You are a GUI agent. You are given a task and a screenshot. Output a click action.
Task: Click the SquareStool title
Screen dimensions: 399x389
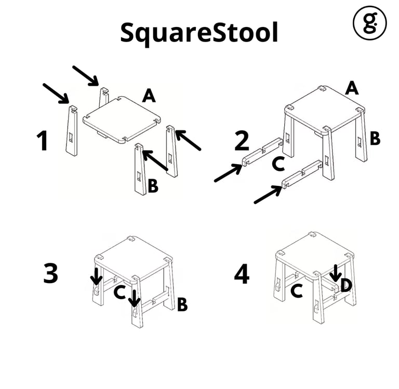[199, 34]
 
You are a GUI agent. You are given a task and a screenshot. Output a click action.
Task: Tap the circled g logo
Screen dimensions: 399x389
[370, 23]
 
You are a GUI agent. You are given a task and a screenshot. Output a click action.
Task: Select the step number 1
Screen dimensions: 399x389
[42, 140]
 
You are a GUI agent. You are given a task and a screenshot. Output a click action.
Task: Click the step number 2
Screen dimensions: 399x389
[242, 141]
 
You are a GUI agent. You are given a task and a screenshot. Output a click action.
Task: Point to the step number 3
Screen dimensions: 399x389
[50, 273]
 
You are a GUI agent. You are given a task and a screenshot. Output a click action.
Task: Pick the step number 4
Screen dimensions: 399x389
[242, 274]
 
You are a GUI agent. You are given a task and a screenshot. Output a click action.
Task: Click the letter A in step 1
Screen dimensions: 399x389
[149, 96]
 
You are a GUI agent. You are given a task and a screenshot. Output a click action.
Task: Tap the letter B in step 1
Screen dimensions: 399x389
[153, 186]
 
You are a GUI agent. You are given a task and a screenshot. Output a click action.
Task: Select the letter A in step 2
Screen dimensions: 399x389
[352, 88]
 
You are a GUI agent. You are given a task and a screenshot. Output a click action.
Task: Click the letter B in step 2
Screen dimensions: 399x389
[375, 138]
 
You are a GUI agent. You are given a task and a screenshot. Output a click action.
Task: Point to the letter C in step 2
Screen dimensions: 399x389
[278, 164]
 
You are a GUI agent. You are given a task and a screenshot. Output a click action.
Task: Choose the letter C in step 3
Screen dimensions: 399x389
[119, 292]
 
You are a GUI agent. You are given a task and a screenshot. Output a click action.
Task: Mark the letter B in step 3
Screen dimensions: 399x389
[182, 304]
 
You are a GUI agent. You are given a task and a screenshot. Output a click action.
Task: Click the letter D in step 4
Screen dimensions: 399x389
[346, 285]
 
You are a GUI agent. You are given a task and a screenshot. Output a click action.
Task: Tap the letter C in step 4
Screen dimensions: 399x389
[297, 291]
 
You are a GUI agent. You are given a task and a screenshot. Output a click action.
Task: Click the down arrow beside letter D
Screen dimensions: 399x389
[336, 274]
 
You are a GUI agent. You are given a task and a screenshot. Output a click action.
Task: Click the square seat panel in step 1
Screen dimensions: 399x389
[122, 119]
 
